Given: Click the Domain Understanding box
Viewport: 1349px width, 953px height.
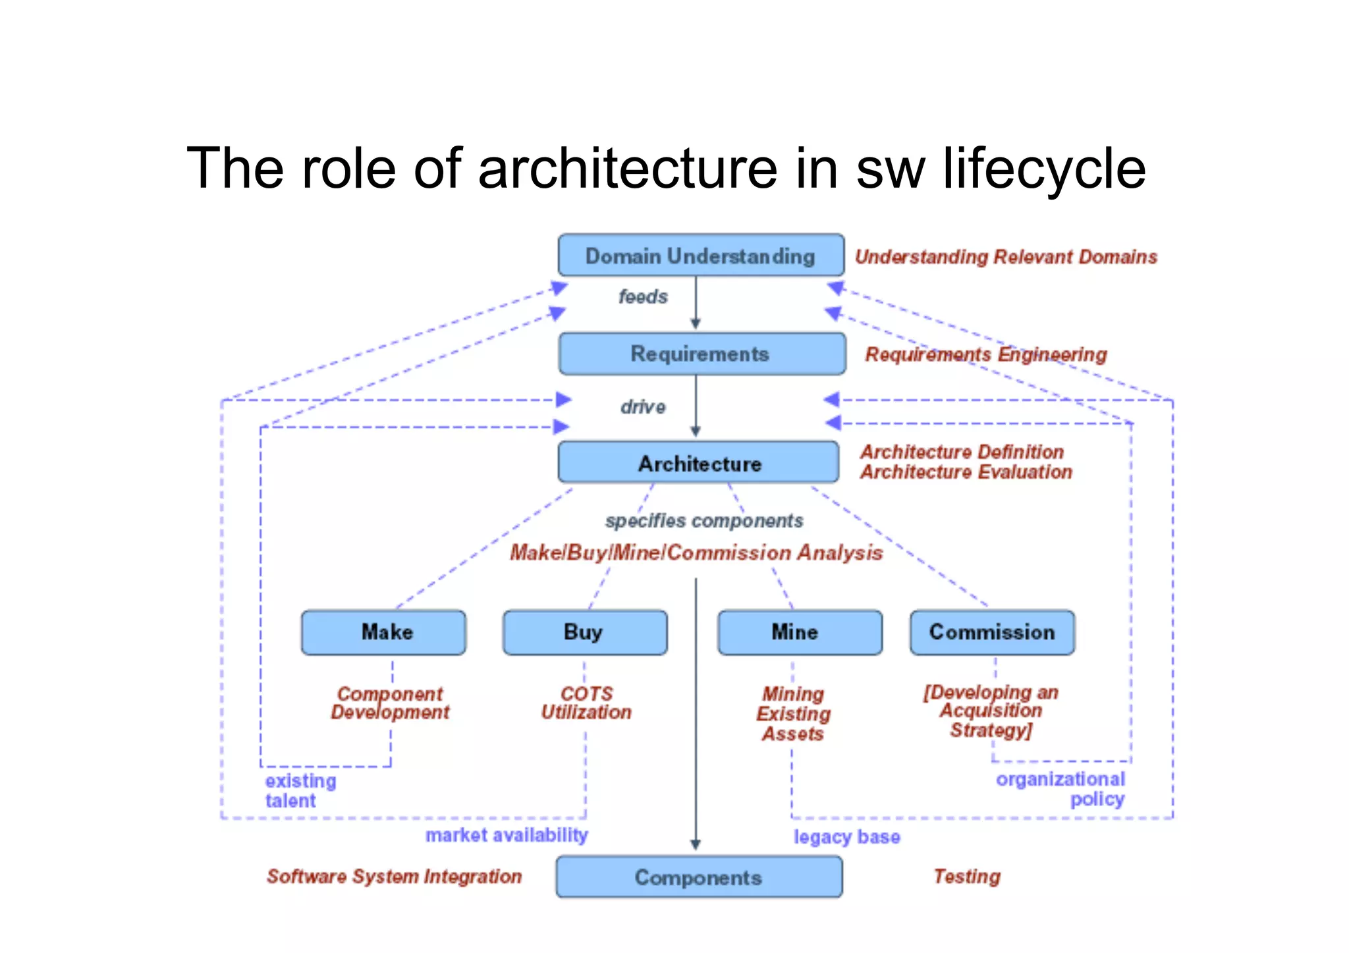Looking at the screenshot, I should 700,256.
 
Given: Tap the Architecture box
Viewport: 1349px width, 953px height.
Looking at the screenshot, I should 698,463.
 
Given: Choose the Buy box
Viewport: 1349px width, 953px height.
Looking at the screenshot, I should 585,632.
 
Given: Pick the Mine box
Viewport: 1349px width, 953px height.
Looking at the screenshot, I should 799,632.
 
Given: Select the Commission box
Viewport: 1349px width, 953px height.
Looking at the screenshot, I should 992,632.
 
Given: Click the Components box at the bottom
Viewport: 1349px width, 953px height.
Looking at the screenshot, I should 699,877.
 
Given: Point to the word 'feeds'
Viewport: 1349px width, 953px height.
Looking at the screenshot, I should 643,297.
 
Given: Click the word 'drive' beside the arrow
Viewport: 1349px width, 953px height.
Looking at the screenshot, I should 643,407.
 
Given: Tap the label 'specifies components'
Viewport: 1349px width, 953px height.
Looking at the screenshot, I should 704,521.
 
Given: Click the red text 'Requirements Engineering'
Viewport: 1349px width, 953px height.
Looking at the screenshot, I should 985,354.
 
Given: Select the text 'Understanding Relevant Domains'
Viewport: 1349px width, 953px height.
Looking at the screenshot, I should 1006,257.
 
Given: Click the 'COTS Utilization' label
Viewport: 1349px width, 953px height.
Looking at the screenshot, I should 586,703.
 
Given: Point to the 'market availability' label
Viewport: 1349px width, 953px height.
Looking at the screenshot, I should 507,835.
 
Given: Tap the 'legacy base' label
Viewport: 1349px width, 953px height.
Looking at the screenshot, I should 846,837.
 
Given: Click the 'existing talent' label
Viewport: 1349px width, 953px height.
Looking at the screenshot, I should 300,790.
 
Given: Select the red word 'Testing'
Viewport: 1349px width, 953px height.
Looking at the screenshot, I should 967,877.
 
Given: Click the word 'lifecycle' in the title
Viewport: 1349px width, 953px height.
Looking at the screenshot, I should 1044,169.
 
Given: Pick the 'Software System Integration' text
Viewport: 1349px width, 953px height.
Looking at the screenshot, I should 394,877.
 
